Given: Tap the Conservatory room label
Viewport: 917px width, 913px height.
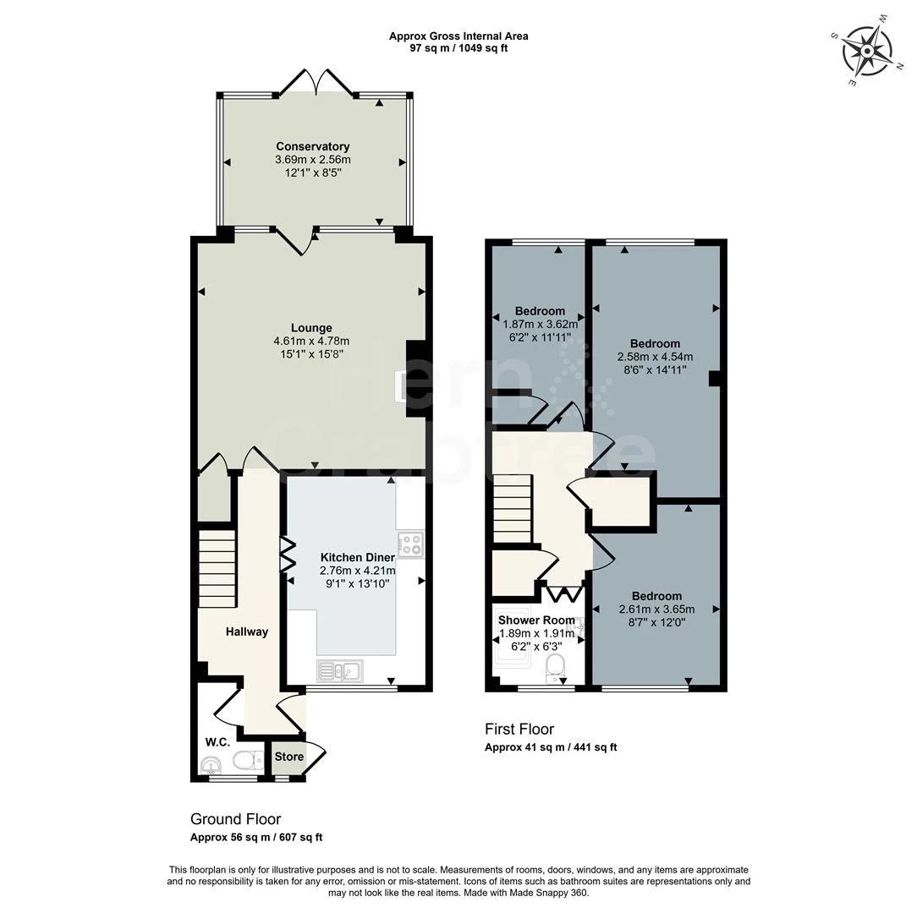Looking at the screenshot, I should tap(312, 147).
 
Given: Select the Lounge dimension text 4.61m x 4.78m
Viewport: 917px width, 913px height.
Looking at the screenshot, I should tap(311, 341).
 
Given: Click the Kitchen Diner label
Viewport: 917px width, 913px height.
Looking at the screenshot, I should tap(357, 558).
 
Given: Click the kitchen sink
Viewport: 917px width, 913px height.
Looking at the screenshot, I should tap(340, 671).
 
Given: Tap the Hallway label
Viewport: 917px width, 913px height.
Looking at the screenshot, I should tap(246, 631).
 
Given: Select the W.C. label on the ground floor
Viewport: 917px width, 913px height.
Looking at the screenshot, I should tap(217, 741).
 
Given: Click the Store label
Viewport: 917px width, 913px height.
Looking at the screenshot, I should tap(288, 757).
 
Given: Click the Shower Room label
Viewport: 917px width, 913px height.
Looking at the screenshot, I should tap(536, 621).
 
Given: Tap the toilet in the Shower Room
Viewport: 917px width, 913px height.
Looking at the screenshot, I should tap(556, 667).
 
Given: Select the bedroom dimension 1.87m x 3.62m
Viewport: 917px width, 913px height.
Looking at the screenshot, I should tap(540, 324).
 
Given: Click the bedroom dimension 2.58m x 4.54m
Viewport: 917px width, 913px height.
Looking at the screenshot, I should tap(655, 356).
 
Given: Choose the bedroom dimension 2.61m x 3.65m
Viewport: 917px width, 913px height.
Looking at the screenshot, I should tap(656, 609).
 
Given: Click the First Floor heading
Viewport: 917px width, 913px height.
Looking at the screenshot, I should tap(519, 729).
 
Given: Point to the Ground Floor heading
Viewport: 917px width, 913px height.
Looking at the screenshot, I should tap(235, 819).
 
